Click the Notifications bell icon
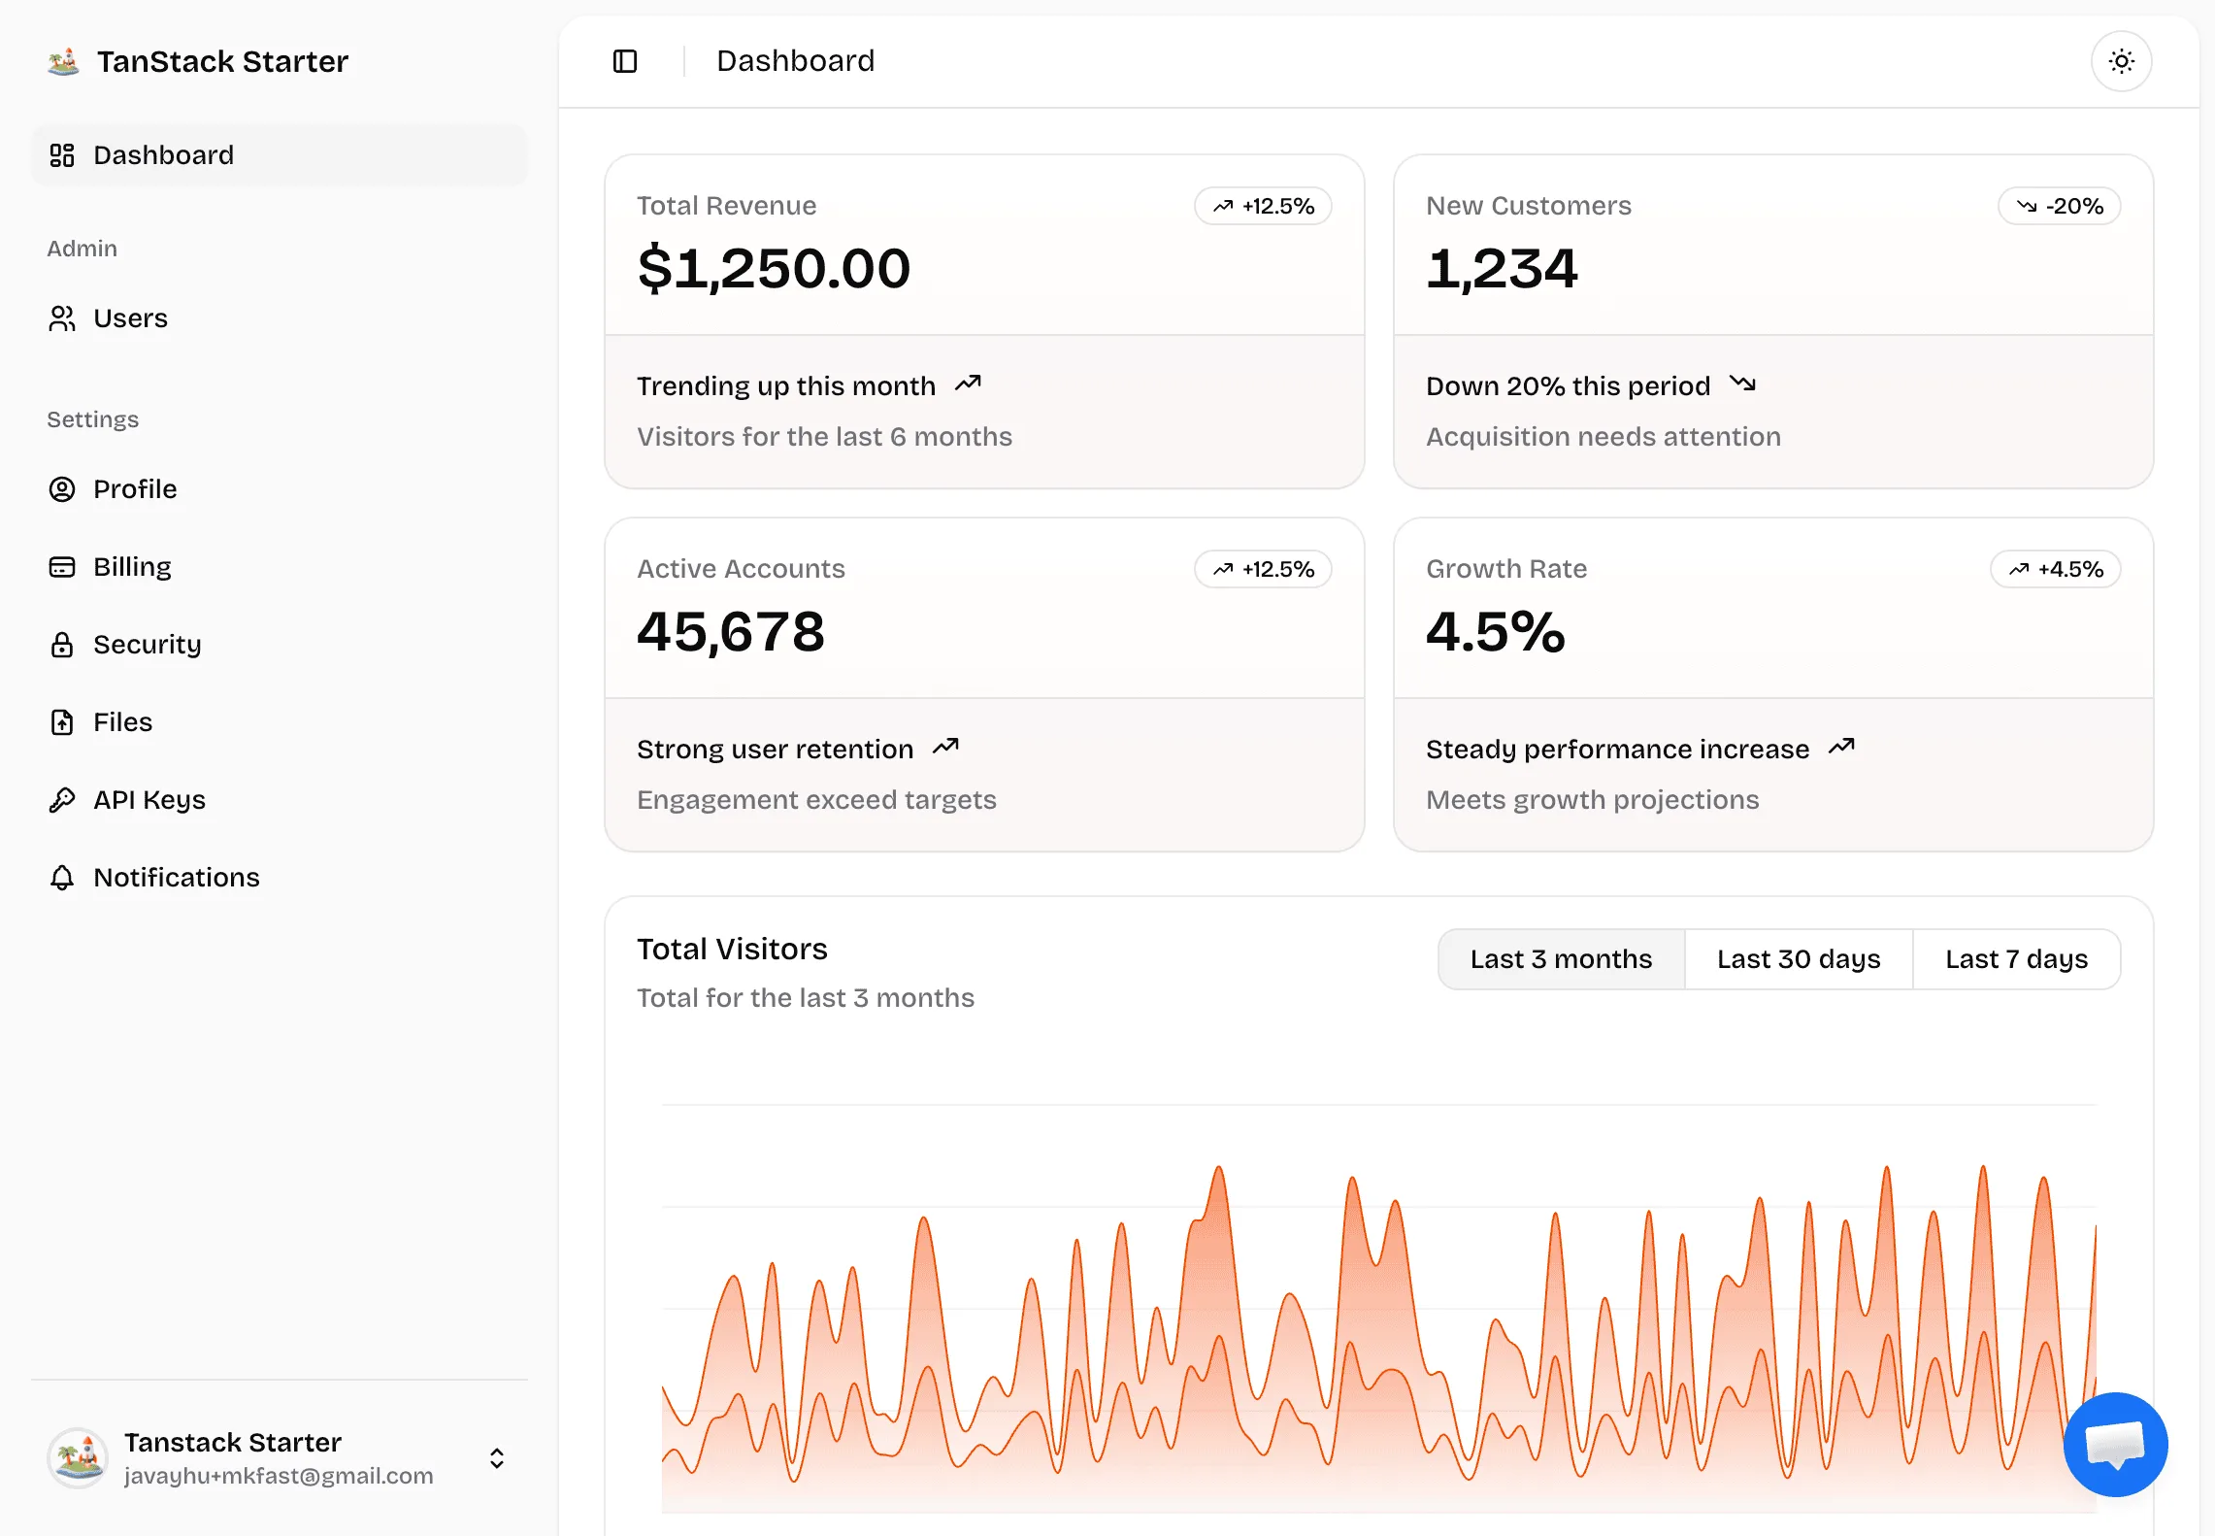[62, 878]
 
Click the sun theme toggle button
[2121, 61]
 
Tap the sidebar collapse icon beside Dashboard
[625, 61]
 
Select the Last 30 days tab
[1799, 959]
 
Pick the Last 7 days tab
[2016, 959]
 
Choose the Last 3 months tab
[1561, 959]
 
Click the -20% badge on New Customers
[2059, 206]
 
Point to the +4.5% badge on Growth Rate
[2055, 569]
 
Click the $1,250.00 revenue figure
[774, 268]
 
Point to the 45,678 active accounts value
[731, 631]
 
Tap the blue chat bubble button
[2115, 1444]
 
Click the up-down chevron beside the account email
[497, 1458]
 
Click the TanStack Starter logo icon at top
[64, 61]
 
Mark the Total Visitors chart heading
[732, 949]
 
